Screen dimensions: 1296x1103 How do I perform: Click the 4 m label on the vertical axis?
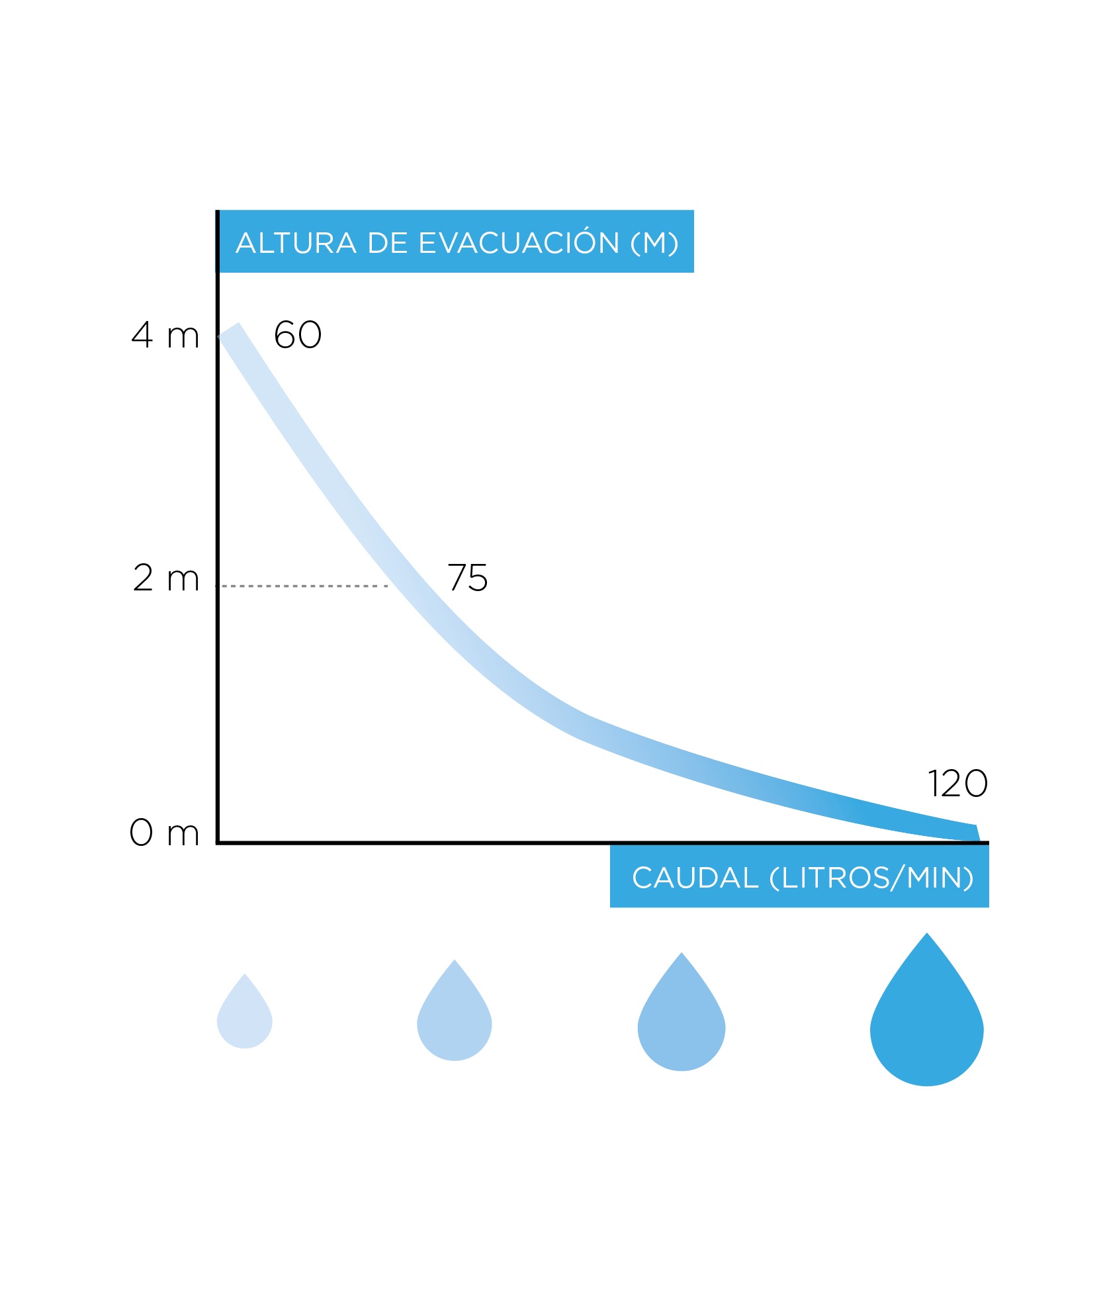165,335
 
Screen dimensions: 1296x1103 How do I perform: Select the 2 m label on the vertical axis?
166,578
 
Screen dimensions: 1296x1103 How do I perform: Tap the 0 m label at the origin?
164,832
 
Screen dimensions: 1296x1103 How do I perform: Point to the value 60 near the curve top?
298,335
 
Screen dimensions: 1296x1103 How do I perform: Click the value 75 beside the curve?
468,578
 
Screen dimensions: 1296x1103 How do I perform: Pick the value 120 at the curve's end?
957,784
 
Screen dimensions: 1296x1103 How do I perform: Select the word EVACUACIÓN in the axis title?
519,243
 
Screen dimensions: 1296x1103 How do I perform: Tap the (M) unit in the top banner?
654,243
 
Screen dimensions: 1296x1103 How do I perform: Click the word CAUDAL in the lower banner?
695,878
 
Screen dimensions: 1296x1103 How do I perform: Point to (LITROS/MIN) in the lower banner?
871,878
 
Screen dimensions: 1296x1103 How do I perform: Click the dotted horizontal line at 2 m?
304,586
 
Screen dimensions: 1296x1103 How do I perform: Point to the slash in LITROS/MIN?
898,878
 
